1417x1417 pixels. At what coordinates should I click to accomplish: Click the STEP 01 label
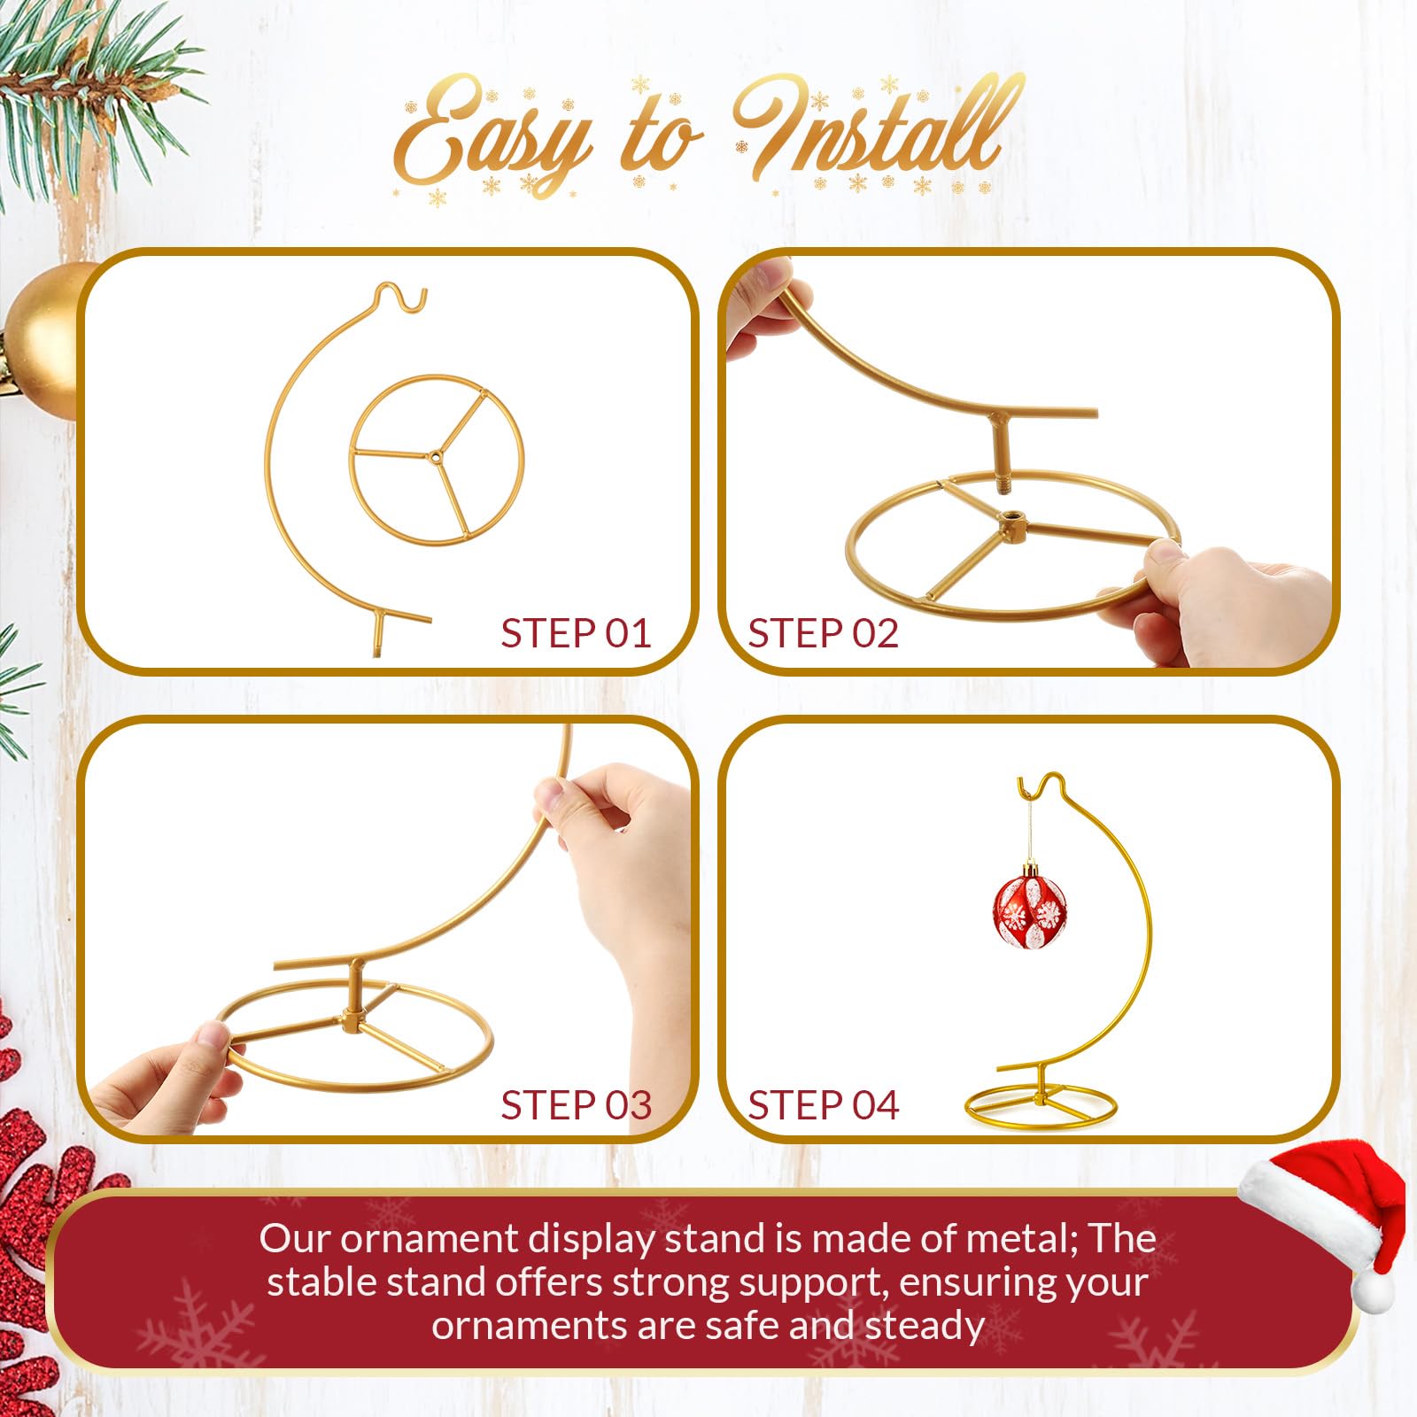coord(576,633)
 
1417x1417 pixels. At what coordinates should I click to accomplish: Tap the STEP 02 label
coord(823,633)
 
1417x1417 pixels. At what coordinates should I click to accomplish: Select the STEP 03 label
coord(576,1105)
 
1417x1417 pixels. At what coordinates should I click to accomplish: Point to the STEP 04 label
coord(823,1105)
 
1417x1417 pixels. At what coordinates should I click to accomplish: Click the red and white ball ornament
coord(1029,912)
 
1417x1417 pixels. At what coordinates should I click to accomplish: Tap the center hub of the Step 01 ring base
coord(435,457)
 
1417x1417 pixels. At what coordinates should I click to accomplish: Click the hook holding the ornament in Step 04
coord(1030,784)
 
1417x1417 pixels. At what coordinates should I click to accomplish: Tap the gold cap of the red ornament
coord(1031,870)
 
